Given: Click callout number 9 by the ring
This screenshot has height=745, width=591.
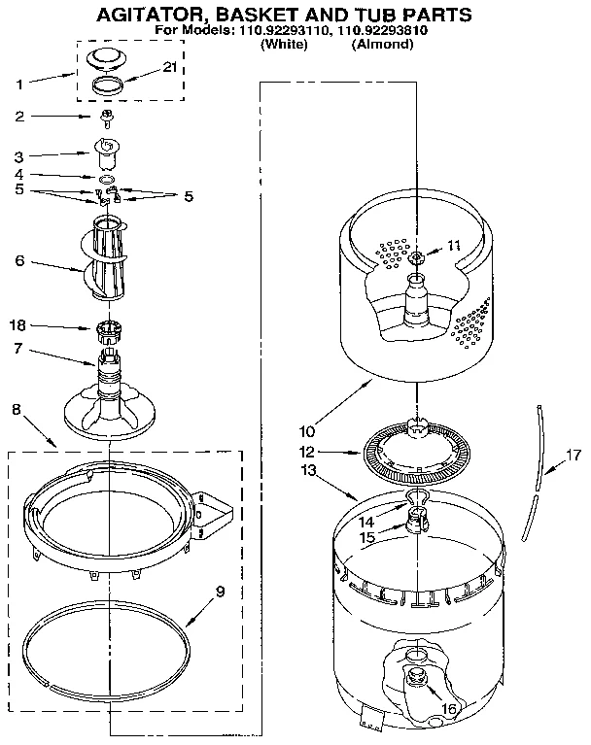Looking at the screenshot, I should coord(219,589).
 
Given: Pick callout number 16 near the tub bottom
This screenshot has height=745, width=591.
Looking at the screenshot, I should coord(449,709).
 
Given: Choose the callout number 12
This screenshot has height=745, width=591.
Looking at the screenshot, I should coord(307,451).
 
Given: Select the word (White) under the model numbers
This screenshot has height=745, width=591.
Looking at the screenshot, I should coord(285,45).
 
